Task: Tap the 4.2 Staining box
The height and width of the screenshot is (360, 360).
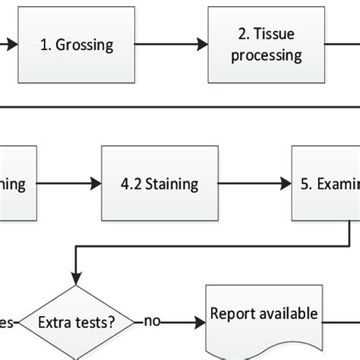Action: tap(160, 183)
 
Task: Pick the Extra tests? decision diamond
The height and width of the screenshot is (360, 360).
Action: tap(76, 321)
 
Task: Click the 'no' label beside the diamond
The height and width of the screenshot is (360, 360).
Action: tap(152, 321)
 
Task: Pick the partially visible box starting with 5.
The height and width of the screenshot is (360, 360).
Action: tap(326, 183)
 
